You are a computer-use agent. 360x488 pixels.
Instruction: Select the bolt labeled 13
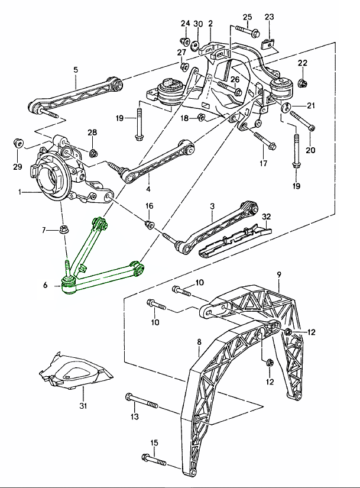(x=141, y=403)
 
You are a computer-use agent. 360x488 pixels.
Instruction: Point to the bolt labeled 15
(x=155, y=459)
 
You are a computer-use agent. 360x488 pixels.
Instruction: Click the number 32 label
(x=267, y=217)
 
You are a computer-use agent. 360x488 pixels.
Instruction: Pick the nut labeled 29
(x=18, y=144)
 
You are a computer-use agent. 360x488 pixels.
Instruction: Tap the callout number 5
(x=76, y=70)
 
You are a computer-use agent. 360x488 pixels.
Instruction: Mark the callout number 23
(x=270, y=17)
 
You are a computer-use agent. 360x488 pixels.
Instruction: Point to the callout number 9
(x=279, y=274)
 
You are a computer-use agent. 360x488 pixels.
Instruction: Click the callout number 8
(x=199, y=341)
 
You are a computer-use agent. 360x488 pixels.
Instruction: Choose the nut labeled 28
(x=93, y=154)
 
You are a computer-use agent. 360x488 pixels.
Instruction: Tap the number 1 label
(x=20, y=192)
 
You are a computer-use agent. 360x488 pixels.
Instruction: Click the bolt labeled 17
(x=262, y=140)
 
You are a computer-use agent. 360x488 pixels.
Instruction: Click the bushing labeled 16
(x=150, y=224)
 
